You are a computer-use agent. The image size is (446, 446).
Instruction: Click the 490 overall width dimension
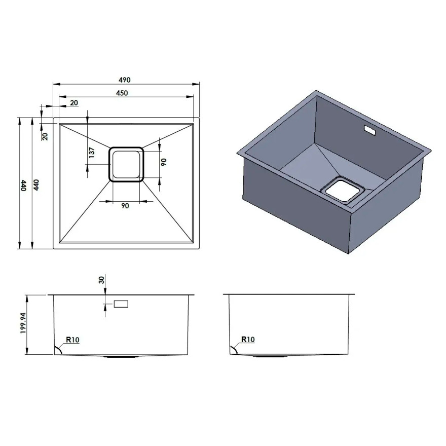pyautogui.click(x=125, y=80)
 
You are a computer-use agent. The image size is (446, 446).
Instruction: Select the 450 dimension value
pyautogui.click(x=122, y=93)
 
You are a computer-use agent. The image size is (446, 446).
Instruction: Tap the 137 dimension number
pyautogui.click(x=92, y=153)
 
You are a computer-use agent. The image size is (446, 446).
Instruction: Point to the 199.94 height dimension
pyautogui.click(x=23, y=323)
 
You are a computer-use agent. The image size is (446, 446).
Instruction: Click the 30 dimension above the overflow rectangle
pyautogui.click(x=101, y=280)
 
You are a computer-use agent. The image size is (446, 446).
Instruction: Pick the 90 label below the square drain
pyautogui.click(x=125, y=206)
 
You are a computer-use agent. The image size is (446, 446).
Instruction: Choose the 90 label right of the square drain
pyautogui.click(x=163, y=162)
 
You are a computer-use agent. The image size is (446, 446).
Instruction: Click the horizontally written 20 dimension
pyautogui.click(x=74, y=103)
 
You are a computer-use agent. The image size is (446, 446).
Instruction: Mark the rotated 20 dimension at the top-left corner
pyautogui.click(x=45, y=136)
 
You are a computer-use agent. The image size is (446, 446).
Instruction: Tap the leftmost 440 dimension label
pyautogui.click(x=23, y=185)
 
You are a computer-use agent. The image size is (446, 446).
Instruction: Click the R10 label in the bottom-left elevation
pyautogui.click(x=72, y=340)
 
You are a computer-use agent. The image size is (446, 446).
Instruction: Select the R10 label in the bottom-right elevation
pyautogui.click(x=248, y=340)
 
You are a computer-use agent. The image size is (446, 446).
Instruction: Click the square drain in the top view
pyautogui.click(x=126, y=164)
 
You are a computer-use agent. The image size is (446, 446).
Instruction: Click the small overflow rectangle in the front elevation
pyautogui.click(x=121, y=304)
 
